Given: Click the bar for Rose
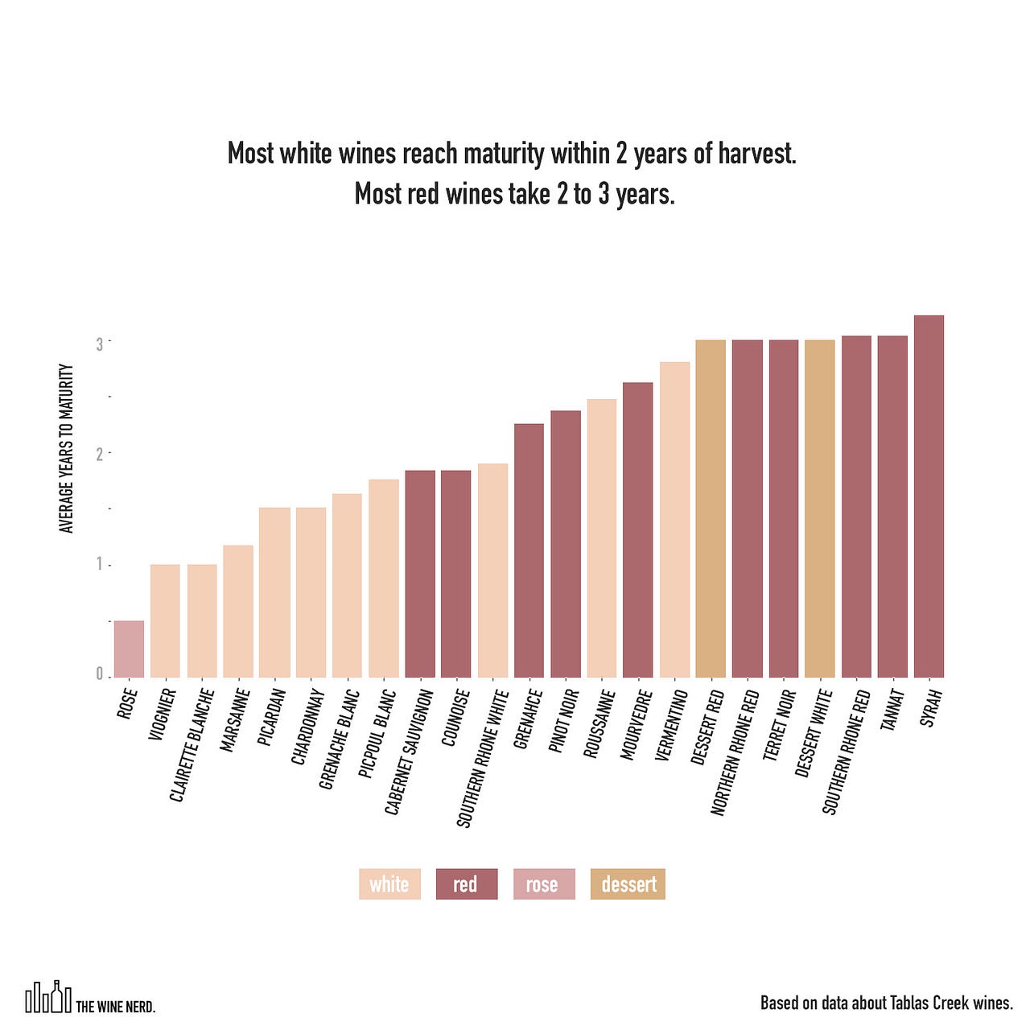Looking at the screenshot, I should (x=129, y=649).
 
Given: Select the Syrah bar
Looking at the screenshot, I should (x=929, y=496).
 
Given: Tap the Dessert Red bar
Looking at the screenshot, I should (x=711, y=509).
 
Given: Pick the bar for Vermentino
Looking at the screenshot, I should (x=674, y=520).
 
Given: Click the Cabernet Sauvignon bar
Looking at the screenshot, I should (x=420, y=574).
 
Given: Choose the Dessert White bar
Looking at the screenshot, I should (x=820, y=509).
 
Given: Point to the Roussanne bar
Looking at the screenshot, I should (x=601, y=538).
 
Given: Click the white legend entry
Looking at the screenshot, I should (x=389, y=884).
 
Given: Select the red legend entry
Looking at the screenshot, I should (x=467, y=884).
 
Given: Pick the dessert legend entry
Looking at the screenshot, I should (x=628, y=884).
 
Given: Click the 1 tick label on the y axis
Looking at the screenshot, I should (x=100, y=564).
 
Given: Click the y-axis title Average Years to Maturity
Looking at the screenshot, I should (x=67, y=448).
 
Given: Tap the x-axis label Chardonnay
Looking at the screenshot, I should (x=307, y=727).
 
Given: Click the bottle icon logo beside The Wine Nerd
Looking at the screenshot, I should (x=48, y=998).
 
